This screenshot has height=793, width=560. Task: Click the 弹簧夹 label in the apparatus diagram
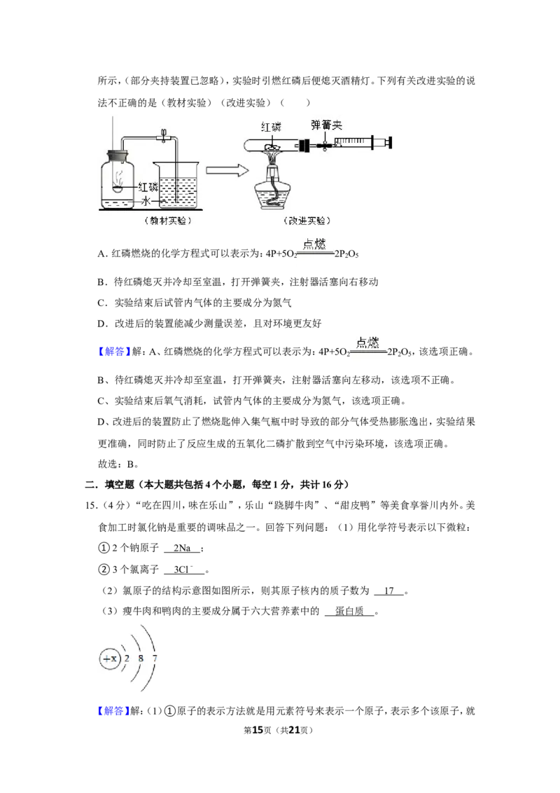coord(326,125)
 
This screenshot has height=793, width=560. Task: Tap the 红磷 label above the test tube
coord(272,126)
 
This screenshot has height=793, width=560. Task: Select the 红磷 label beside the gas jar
coord(148,186)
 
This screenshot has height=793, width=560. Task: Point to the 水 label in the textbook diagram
coord(146,201)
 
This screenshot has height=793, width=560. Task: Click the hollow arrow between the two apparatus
coord(227,170)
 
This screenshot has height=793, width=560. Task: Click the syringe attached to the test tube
coord(361,142)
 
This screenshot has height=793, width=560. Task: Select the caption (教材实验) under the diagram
coord(168,221)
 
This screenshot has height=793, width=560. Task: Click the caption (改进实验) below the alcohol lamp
coord(307,221)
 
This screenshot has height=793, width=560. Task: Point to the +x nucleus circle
coord(110,658)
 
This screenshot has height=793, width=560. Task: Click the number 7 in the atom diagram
coord(155,658)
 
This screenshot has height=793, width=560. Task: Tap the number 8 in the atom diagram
coord(141,658)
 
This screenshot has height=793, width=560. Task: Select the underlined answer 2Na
coord(182,549)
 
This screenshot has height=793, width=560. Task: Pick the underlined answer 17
coord(389,591)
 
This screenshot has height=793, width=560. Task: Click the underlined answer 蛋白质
coord(349,612)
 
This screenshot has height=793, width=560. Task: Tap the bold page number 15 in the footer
coord(258,730)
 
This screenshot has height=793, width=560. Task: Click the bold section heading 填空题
coord(119,485)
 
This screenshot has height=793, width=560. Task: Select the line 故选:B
coord(118,464)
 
